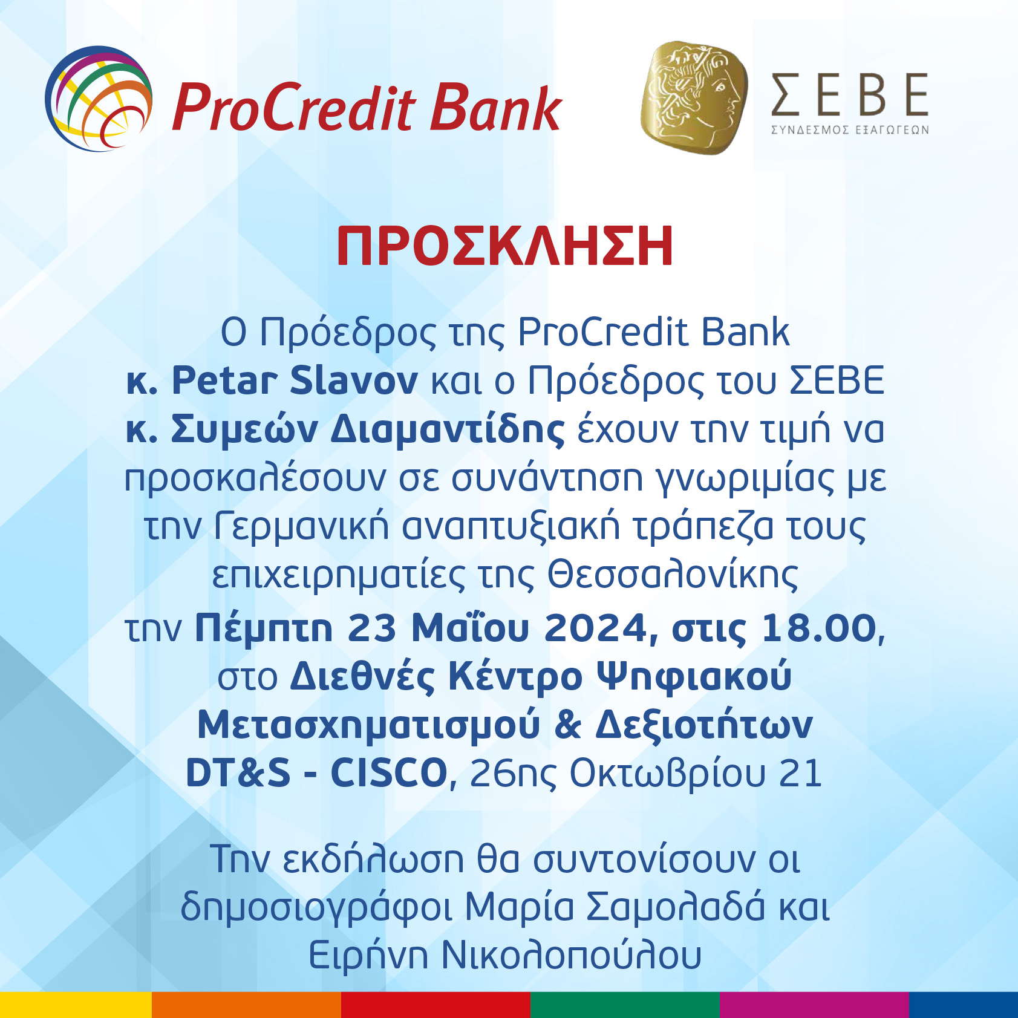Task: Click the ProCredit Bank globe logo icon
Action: tap(99, 98)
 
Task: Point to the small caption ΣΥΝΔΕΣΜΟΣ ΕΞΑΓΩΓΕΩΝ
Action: tap(850, 129)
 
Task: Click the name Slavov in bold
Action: tap(354, 380)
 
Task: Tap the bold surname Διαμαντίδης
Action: tap(448, 429)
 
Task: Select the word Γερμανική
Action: tap(301, 526)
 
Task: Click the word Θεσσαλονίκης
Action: tap(673, 575)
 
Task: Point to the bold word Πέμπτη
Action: tap(264, 628)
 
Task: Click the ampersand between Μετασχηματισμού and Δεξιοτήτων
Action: tap(567, 725)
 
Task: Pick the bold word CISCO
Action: tap(389, 773)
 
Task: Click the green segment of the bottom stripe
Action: tap(625, 1005)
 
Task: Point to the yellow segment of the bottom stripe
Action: tap(76, 1005)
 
